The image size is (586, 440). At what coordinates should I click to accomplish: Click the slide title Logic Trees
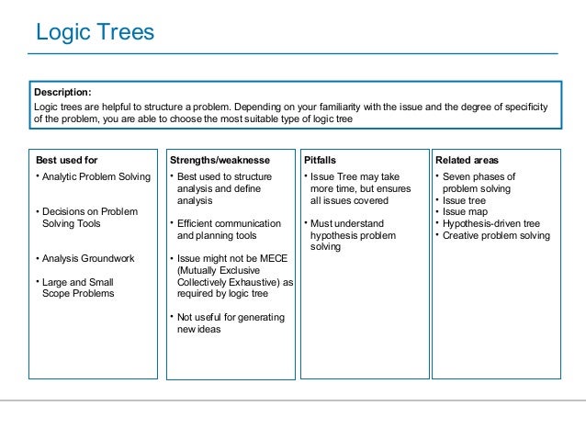coord(95,33)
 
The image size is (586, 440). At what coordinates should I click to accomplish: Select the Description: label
coord(62,92)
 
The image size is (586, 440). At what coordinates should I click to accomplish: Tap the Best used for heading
coord(66,160)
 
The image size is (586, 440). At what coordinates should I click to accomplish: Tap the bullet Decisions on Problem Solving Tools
coord(90,218)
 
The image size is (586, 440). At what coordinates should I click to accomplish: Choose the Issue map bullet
coord(468,211)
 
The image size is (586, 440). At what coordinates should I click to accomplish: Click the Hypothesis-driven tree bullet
coord(490,223)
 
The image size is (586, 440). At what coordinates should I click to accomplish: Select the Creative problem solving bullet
coord(496,235)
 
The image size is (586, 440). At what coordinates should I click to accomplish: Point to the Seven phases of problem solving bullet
coord(479,182)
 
